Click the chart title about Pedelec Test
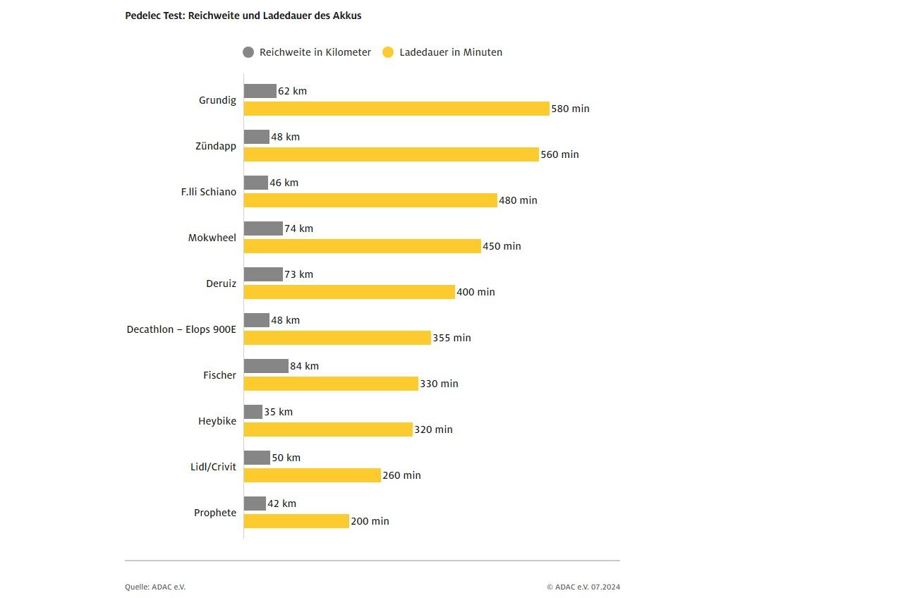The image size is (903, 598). (x=243, y=16)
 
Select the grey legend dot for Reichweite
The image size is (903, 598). (x=248, y=52)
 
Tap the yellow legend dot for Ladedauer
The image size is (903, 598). (x=388, y=52)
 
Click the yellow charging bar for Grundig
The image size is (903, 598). (x=396, y=109)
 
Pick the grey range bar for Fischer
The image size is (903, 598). (x=266, y=366)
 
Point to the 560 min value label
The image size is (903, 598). (x=559, y=154)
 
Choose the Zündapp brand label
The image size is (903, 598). (x=216, y=146)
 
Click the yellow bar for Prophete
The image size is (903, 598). (x=296, y=521)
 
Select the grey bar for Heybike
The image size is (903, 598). (x=253, y=412)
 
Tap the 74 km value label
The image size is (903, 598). (x=298, y=228)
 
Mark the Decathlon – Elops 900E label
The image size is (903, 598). (x=181, y=329)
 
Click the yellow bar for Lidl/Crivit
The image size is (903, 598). (x=313, y=475)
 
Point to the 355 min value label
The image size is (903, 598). (x=451, y=338)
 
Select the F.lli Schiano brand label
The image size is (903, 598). (x=209, y=192)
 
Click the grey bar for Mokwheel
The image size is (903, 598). (x=263, y=228)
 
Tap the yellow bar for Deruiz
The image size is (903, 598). (x=349, y=292)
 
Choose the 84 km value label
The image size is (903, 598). (x=304, y=366)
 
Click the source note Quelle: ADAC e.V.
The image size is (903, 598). (x=155, y=587)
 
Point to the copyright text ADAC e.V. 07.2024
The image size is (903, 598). (x=583, y=587)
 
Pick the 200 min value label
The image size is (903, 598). (x=370, y=521)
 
